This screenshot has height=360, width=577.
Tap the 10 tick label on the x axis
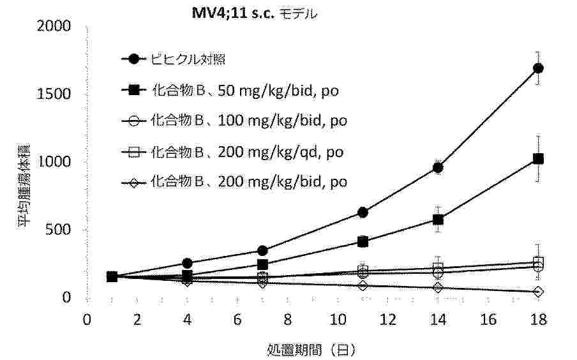point(338,319)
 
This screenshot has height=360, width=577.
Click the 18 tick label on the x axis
point(538,319)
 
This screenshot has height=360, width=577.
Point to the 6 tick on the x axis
point(237,319)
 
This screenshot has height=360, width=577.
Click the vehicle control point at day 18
point(538,68)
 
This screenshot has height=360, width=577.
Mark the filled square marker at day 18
point(538,159)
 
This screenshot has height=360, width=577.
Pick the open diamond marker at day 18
point(538,292)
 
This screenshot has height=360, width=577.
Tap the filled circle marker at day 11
point(363,212)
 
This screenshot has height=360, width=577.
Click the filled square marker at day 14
point(438,220)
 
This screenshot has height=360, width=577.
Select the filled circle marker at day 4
point(187,263)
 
